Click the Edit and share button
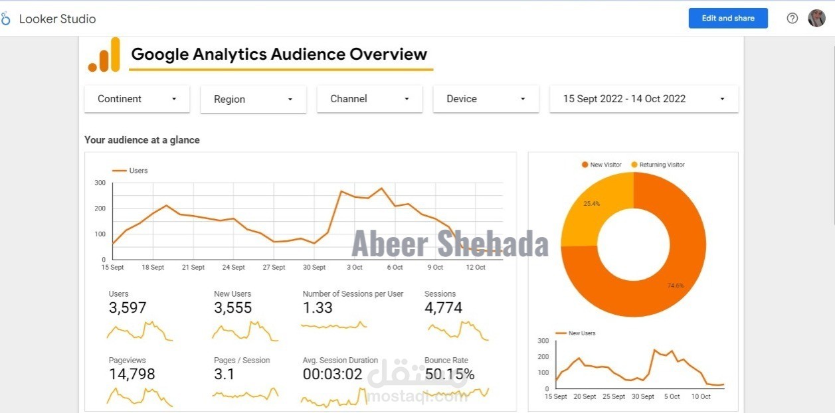[x=727, y=19]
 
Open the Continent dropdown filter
[x=137, y=99]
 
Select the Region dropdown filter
[x=253, y=100]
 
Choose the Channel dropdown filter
[x=369, y=99]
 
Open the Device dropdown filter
[x=486, y=99]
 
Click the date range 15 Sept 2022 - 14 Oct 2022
[x=643, y=99]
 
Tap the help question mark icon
[x=792, y=19]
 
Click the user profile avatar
[x=816, y=19]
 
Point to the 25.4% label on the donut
[x=591, y=204]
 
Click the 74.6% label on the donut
[x=676, y=286]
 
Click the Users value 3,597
[x=128, y=308]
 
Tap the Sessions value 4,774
[x=443, y=308]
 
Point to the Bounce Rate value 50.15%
[x=450, y=374]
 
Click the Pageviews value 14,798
[x=132, y=374]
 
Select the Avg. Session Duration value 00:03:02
[x=332, y=374]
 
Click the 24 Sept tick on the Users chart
[x=233, y=268]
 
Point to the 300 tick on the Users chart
[x=100, y=183]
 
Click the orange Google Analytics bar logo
[x=104, y=54]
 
